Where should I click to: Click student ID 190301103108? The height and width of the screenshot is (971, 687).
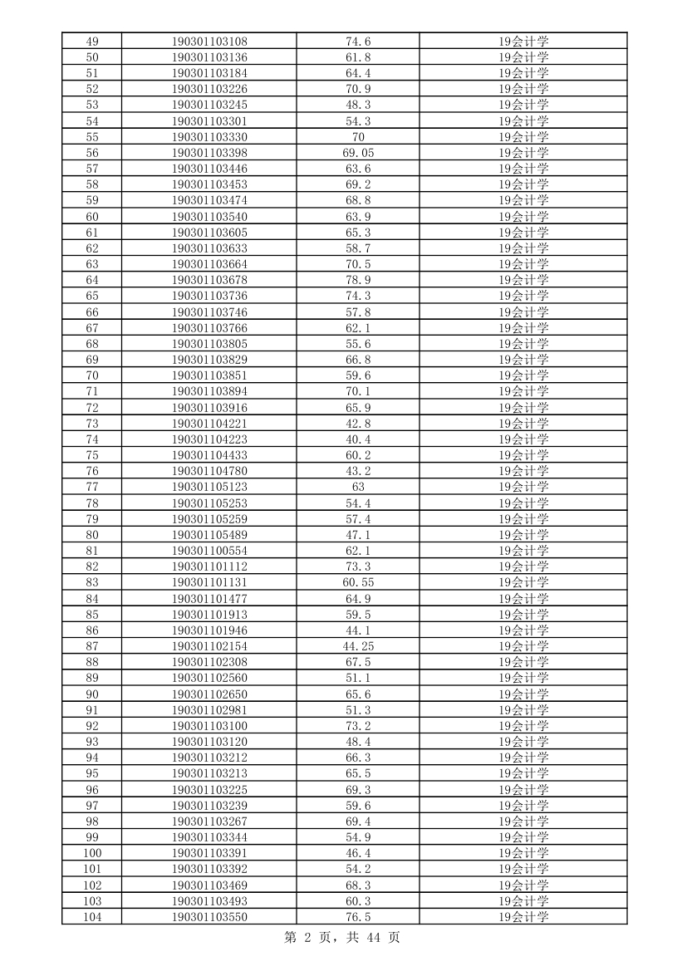pos(209,42)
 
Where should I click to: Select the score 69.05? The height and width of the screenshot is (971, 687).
pos(358,153)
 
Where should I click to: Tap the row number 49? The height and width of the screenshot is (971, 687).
pos(92,42)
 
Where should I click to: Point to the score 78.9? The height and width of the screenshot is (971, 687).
pos(358,280)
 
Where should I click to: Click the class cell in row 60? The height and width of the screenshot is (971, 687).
pos(523,217)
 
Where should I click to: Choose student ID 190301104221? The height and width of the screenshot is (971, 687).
pos(209,424)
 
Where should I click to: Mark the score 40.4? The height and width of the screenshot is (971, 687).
pos(358,439)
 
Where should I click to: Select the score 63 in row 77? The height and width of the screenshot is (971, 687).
pos(358,487)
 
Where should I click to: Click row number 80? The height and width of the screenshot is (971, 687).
pos(92,535)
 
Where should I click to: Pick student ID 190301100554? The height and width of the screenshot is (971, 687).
pos(209,551)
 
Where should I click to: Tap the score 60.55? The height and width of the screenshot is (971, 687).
pos(358,582)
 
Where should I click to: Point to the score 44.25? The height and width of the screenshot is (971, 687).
pos(358,646)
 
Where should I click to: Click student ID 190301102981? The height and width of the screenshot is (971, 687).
pos(209,710)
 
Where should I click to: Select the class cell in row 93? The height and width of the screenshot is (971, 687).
pos(523,742)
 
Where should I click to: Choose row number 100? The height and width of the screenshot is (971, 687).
pos(92,853)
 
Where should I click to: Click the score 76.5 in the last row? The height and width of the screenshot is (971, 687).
pos(358,917)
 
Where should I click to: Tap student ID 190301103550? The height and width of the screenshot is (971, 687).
pos(209,917)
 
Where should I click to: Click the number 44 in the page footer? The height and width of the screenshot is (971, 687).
pos(372,938)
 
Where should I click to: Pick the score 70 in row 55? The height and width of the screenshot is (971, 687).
pos(358,137)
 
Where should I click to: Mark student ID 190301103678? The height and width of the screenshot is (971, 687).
pos(209,280)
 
